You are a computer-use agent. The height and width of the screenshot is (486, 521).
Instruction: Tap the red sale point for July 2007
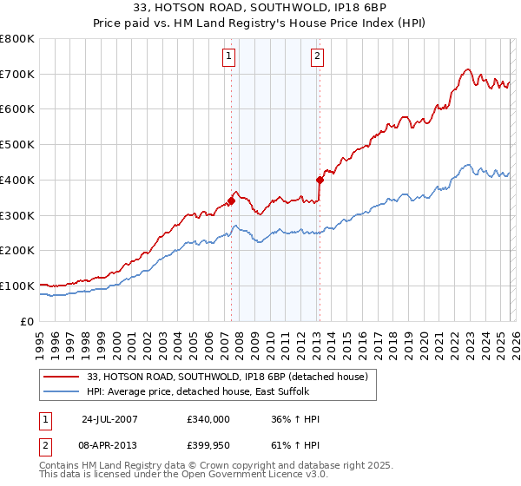(231, 200)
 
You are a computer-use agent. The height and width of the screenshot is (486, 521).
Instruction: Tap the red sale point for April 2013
(320, 180)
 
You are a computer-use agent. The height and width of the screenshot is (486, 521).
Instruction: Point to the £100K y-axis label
(17, 286)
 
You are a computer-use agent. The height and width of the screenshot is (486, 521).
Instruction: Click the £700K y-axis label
(17, 75)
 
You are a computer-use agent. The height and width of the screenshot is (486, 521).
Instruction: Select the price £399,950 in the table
(208, 445)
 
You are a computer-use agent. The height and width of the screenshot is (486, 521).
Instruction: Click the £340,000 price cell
(208, 419)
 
